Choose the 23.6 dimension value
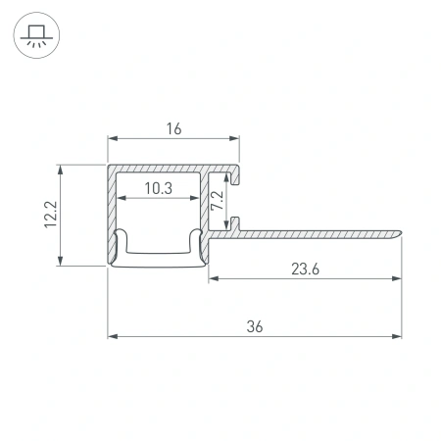(x=306, y=266)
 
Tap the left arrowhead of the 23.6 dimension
(x=214, y=278)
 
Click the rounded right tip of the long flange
(x=400, y=232)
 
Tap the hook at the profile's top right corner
(x=236, y=176)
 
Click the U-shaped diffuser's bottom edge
(x=157, y=262)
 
